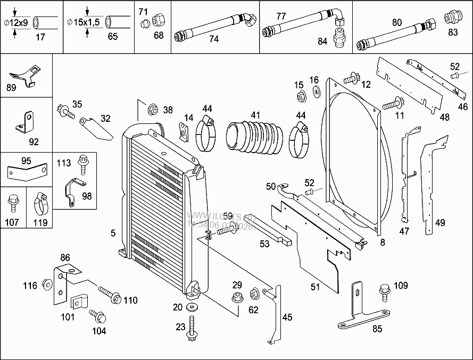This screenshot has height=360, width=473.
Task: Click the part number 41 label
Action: pyautogui.click(x=256, y=114)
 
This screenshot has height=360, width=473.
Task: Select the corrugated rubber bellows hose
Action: pyautogui.click(x=254, y=139)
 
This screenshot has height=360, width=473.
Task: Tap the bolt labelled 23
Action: pyautogui.click(x=193, y=330)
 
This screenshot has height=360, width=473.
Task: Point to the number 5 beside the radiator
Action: pyautogui.click(x=113, y=232)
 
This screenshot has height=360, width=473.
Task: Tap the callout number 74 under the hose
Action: pyautogui.click(x=214, y=39)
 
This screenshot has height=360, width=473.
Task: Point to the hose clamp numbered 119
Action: pyautogui.click(x=40, y=203)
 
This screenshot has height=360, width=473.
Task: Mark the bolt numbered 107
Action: pyautogui.click(x=12, y=202)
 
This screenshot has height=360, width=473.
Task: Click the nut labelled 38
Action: pyautogui.click(x=152, y=110)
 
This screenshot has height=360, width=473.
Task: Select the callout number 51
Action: pyautogui.click(x=315, y=287)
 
